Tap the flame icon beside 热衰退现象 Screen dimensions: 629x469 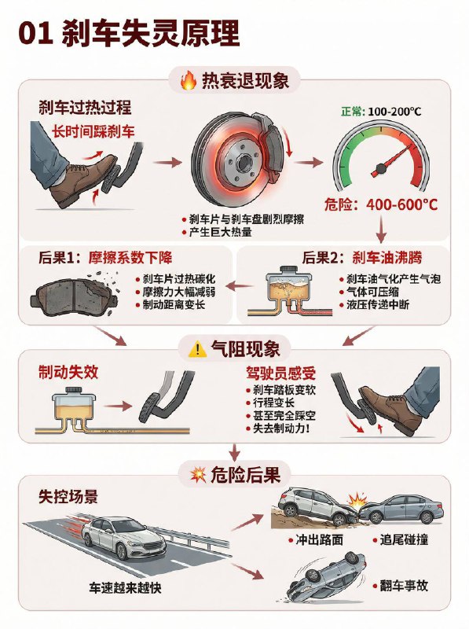(x=188, y=80)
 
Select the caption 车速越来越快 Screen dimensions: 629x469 (x=127, y=588)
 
